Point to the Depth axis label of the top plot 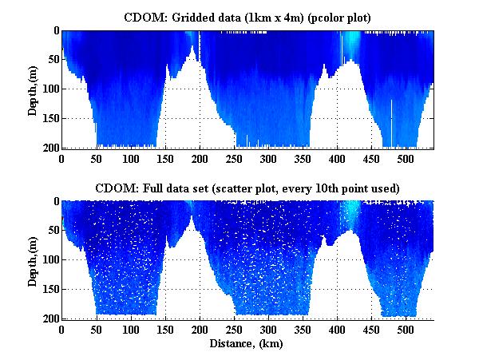pos(33,89)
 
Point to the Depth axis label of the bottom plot pos(33,260)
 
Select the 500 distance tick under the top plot pos(406,158)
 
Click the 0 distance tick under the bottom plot pos(62,329)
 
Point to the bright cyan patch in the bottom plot pos(350,212)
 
